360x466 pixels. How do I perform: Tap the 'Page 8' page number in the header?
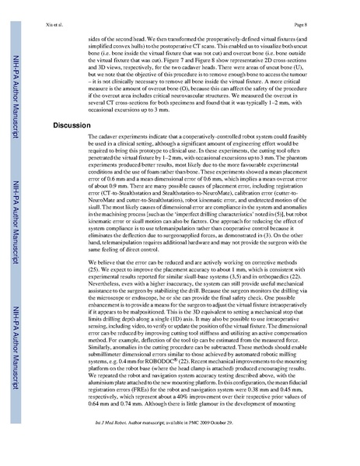click(x=320, y=14)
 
